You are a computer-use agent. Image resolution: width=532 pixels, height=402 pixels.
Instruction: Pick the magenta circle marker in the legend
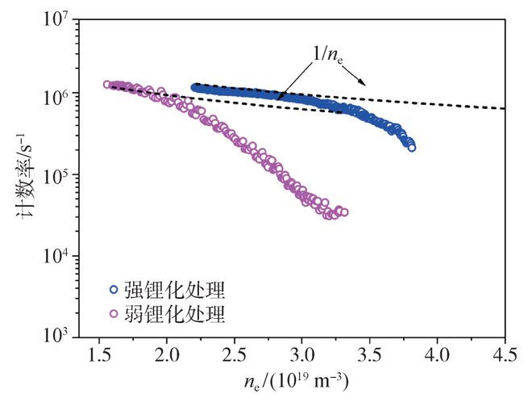coord(114,312)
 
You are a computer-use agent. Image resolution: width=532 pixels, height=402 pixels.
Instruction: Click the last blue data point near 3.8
coord(412,148)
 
